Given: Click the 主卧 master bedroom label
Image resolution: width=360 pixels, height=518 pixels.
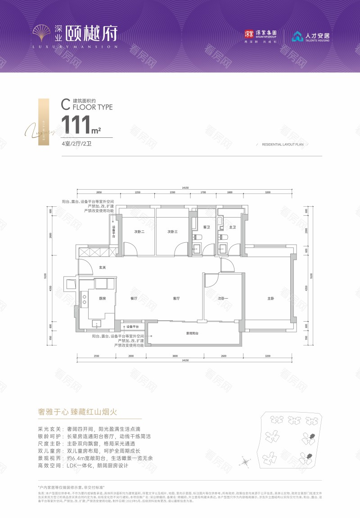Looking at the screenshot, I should [270, 298].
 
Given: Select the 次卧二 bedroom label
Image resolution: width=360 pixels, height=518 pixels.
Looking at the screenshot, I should [139, 232].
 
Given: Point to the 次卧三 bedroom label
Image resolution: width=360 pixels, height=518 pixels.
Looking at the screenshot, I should [173, 232].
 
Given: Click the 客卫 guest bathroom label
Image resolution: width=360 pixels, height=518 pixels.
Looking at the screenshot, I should [207, 227].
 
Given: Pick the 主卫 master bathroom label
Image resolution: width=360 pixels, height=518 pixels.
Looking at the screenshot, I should [233, 227].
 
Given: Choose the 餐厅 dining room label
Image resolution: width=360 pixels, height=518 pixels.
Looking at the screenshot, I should [134, 298].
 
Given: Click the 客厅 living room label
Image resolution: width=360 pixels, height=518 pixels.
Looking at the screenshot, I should [176, 298].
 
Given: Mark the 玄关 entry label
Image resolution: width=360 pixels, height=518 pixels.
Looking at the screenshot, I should [102, 268].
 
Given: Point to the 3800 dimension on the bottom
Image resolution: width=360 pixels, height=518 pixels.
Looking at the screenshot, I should [175, 356].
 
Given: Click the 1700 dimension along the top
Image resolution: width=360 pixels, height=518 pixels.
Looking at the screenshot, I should [203, 192].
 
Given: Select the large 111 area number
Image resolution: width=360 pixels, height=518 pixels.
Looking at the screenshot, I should [76, 125].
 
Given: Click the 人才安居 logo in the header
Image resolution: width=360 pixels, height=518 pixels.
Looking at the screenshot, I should [310, 36].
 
